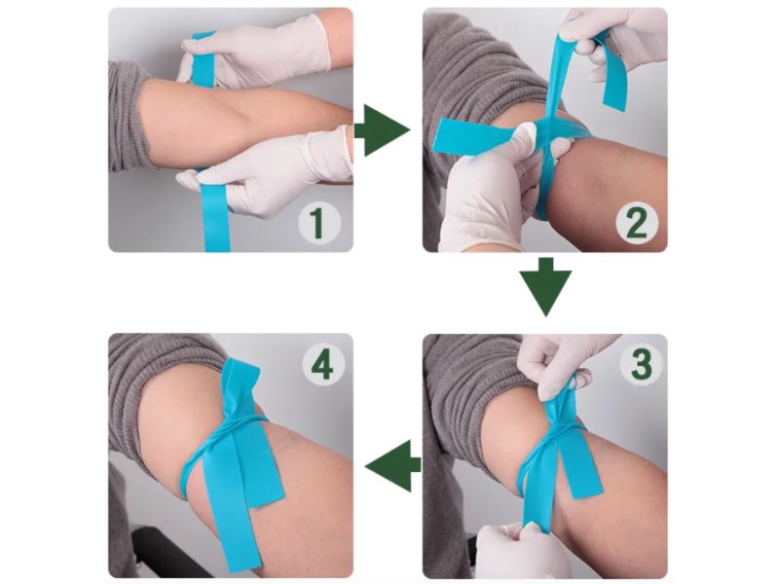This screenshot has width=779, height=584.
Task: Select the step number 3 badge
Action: coord(642,362)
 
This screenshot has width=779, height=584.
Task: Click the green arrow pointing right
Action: coord(382,130)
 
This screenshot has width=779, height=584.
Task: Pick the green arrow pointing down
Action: coord(546,286)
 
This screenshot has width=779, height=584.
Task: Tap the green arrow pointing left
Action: coord(392,465)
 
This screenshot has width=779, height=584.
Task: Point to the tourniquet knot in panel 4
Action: coord(241,421)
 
